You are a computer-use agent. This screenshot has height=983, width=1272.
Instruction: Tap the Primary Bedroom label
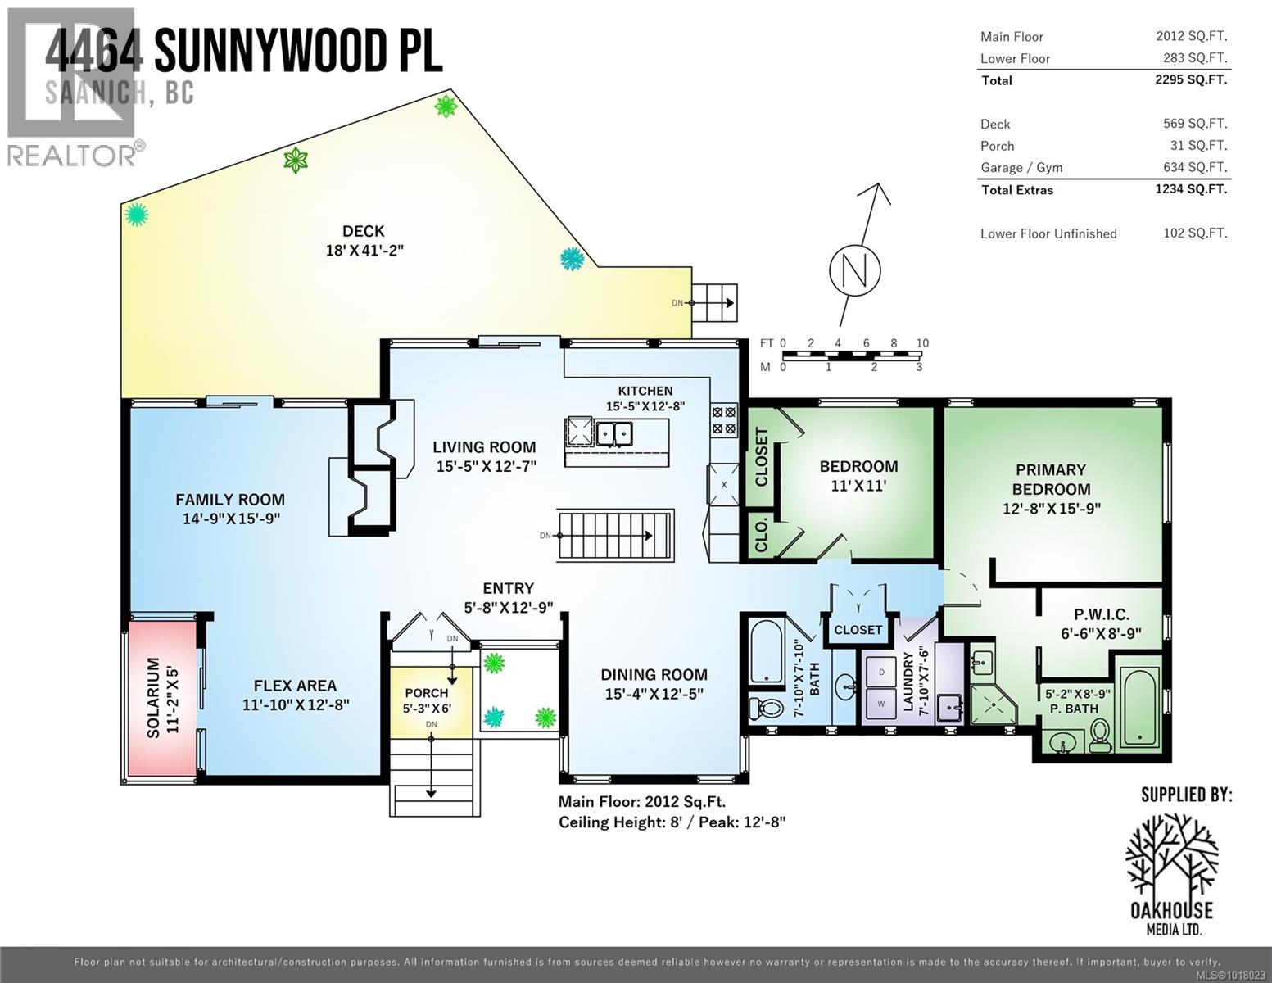[1051, 479]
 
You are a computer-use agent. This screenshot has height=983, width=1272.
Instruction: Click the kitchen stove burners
[723, 419]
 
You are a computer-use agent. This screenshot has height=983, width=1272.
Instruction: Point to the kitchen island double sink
[613, 432]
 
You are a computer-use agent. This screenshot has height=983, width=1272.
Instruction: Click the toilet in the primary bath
[1100, 735]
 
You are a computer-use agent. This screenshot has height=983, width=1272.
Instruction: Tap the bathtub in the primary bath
[1139, 708]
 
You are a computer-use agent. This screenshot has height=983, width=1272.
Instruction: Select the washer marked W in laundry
[880, 703]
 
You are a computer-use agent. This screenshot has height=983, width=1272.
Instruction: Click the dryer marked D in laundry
[880, 672]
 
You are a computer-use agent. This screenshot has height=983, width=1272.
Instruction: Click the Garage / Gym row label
[1021, 168]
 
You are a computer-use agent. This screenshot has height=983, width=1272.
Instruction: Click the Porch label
[427, 693]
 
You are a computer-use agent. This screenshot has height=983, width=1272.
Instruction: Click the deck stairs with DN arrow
[715, 303]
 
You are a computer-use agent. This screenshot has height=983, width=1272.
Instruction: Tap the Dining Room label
[654, 675]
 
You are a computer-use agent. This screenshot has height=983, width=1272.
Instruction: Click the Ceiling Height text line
[672, 822]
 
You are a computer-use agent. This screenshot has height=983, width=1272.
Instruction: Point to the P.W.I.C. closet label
[1102, 614]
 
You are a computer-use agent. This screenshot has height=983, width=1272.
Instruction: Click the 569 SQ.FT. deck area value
[1195, 124]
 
